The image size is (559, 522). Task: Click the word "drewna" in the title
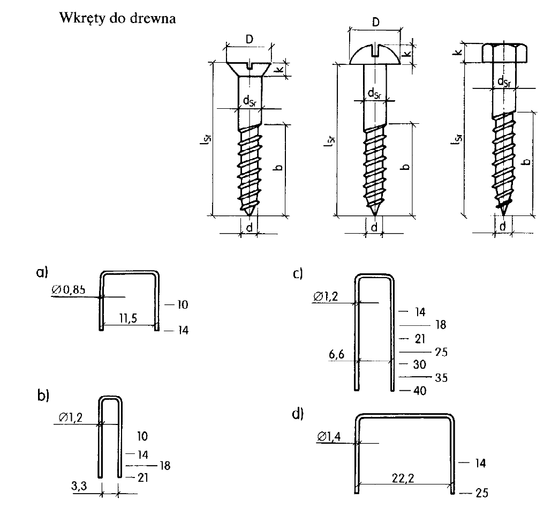click(x=153, y=18)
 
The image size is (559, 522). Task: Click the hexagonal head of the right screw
click(x=505, y=53)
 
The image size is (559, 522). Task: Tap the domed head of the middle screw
click(x=375, y=55)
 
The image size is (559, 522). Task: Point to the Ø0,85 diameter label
click(x=69, y=289)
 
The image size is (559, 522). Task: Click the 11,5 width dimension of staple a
click(x=128, y=318)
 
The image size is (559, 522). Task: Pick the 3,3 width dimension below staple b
click(x=79, y=486)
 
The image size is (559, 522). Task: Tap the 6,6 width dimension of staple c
click(x=337, y=354)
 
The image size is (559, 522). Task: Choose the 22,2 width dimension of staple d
click(x=403, y=478)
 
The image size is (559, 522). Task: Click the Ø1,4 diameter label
click(x=329, y=436)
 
